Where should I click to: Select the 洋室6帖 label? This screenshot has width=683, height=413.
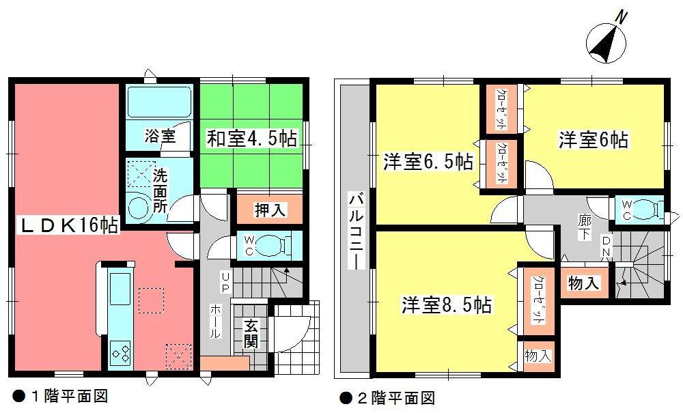pos(594,139)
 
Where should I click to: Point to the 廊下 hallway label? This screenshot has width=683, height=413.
pos(585,225)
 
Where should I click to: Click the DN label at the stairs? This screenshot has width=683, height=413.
pos(607,249)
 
